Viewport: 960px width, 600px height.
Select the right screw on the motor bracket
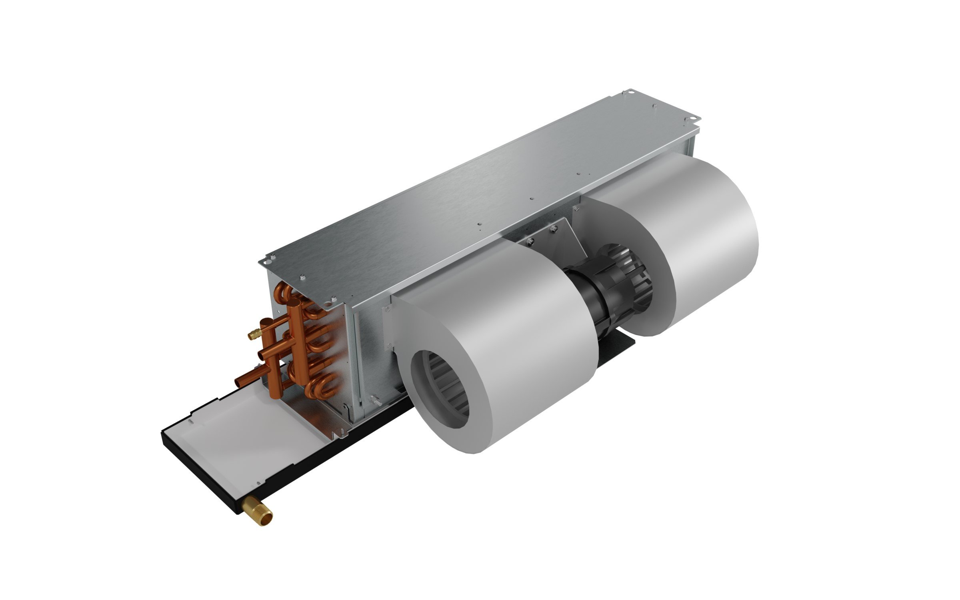point(554,229)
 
